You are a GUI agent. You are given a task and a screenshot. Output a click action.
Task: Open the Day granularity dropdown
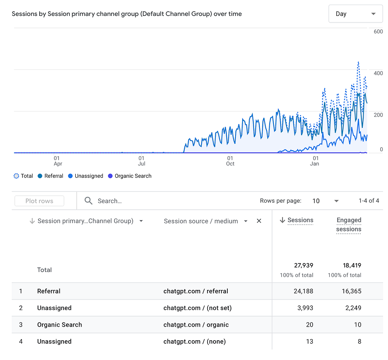pyautogui.click(x=355, y=14)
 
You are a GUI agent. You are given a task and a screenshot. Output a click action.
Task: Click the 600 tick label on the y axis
pyautogui.click(x=378, y=32)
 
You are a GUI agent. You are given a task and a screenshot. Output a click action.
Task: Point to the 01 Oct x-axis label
pyautogui.click(x=230, y=161)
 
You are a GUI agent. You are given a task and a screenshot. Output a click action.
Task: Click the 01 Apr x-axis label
pyautogui.click(x=58, y=161)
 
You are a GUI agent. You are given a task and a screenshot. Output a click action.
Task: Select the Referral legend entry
pyautogui.click(x=50, y=176)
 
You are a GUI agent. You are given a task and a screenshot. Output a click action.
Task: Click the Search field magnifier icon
pyautogui.click(x=88, y=201)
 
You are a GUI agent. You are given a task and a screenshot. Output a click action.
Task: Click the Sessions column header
pyautogui.click(x=300, y=220)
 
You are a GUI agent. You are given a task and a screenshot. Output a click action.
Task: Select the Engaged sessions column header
pyautogui.click(x=348, y=225)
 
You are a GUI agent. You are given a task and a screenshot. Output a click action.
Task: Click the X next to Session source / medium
pyautogui.click(x=259, y=221)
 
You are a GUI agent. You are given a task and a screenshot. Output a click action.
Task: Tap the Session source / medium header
pyautogui.click(x=201, y=221)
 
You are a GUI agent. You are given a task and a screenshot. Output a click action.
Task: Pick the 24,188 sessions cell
pyautogui.click(x=303, y=291)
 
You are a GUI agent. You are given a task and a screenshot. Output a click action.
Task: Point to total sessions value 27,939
pyautogui.click(x=303, y=265)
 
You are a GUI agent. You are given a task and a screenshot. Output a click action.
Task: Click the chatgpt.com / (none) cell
pyautogui.click(x=194, y=341)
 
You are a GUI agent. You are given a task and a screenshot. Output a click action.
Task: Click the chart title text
pyautogui.click(x=126, y=14)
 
